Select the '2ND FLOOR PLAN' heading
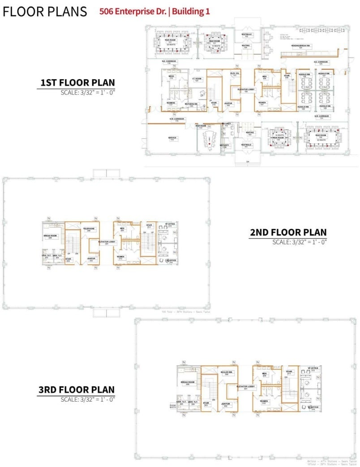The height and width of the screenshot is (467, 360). [288, 233]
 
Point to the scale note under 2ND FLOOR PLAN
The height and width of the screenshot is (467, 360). [300, 242]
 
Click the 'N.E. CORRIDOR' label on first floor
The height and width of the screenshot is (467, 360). [169, 62]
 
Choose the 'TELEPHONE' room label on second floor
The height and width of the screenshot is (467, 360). [88, 229]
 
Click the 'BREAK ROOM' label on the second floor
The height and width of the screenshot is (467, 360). [50, 236]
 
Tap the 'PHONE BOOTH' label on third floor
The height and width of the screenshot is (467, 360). [173, 407]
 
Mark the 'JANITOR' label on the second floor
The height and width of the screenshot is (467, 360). [91, 259]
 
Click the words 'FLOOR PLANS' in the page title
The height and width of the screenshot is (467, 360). [45, 12]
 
